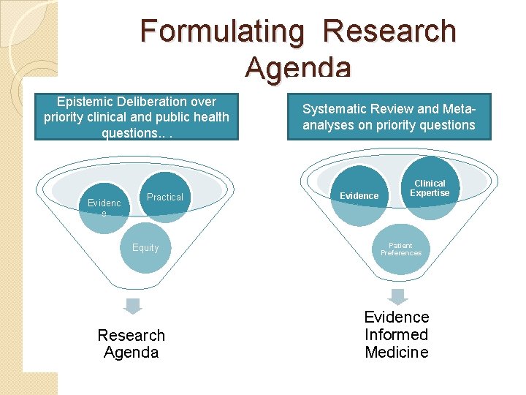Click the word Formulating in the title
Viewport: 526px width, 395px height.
pyautogui.click(x=221, y=31)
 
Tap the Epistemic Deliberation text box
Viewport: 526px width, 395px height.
pyautogui.click(x=137, y=117)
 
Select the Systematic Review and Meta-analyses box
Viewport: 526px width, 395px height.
pyautogui.click(x=389, y=117)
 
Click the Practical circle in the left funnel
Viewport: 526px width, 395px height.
pyautogui.click(x=165, y=197)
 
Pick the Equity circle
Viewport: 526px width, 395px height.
pyautogui.click(x=145, y=247)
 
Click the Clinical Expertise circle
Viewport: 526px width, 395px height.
pyautogui.click(x=430, y=188)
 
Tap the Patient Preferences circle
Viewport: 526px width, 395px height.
pyautogui.click(x=400, y=249)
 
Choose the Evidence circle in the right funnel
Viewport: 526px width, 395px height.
pyautogui.click(x=359, y=195)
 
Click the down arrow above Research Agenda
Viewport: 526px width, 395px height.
pyautogui.click(x=131, y=306)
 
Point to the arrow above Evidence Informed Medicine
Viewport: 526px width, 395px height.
pyautogui.click(x=397, y=296)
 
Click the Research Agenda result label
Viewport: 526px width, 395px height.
pyautogui.click(x=131, y=344)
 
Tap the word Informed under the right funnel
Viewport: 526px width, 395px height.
pyautogui.click(x=397, y=334)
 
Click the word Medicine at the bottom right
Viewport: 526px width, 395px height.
pyautogui.click(x=397, y=352)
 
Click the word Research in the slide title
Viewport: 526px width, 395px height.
pyautogui.click(x=389, y=31)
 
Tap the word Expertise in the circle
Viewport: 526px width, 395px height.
pyautogui.click(x=430, y=192)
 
